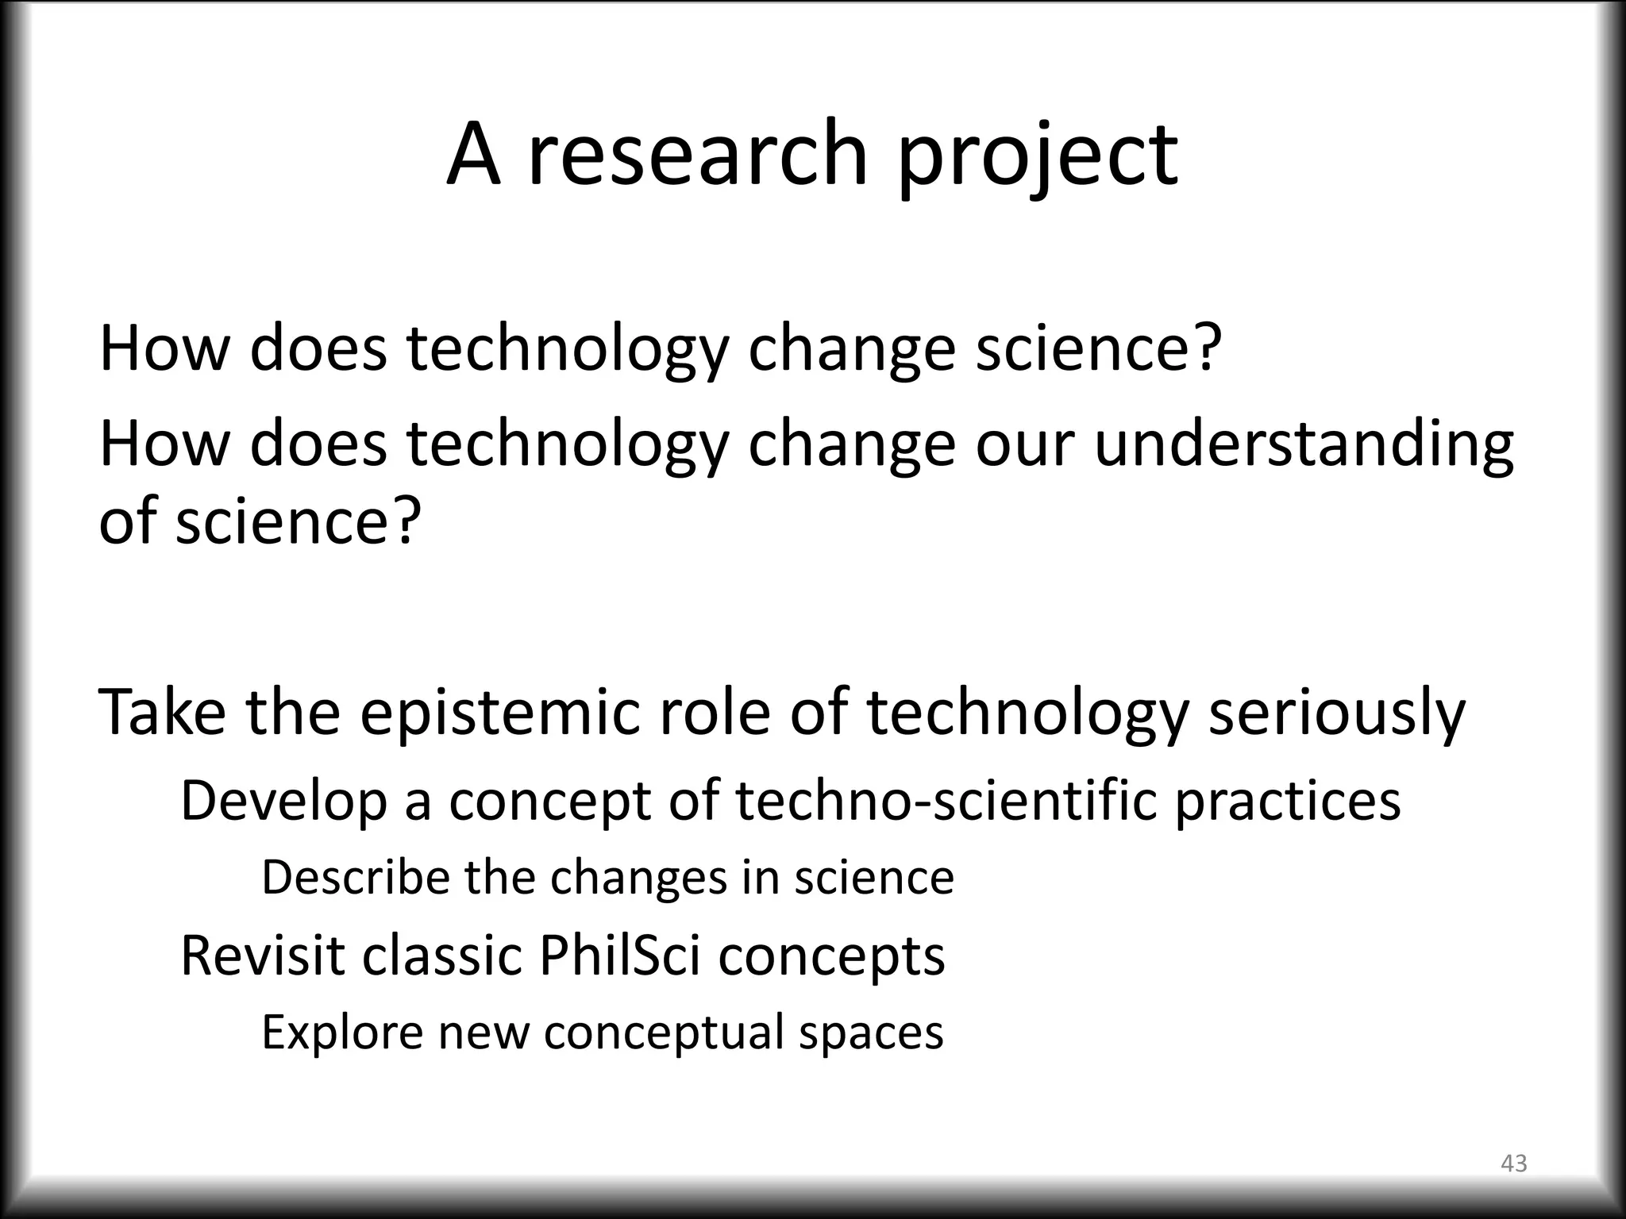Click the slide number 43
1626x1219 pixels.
pyautogui.click(x=1514, y=1163)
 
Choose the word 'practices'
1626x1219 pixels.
pyautogui.click(x=1287, y=801)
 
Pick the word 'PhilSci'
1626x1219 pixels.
pyautogui.click(x=619, y=955)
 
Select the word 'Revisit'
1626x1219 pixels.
pyautogui.click(x=263, y=955)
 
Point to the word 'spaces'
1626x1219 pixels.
pyautogui.click(x=870, y=1032)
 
